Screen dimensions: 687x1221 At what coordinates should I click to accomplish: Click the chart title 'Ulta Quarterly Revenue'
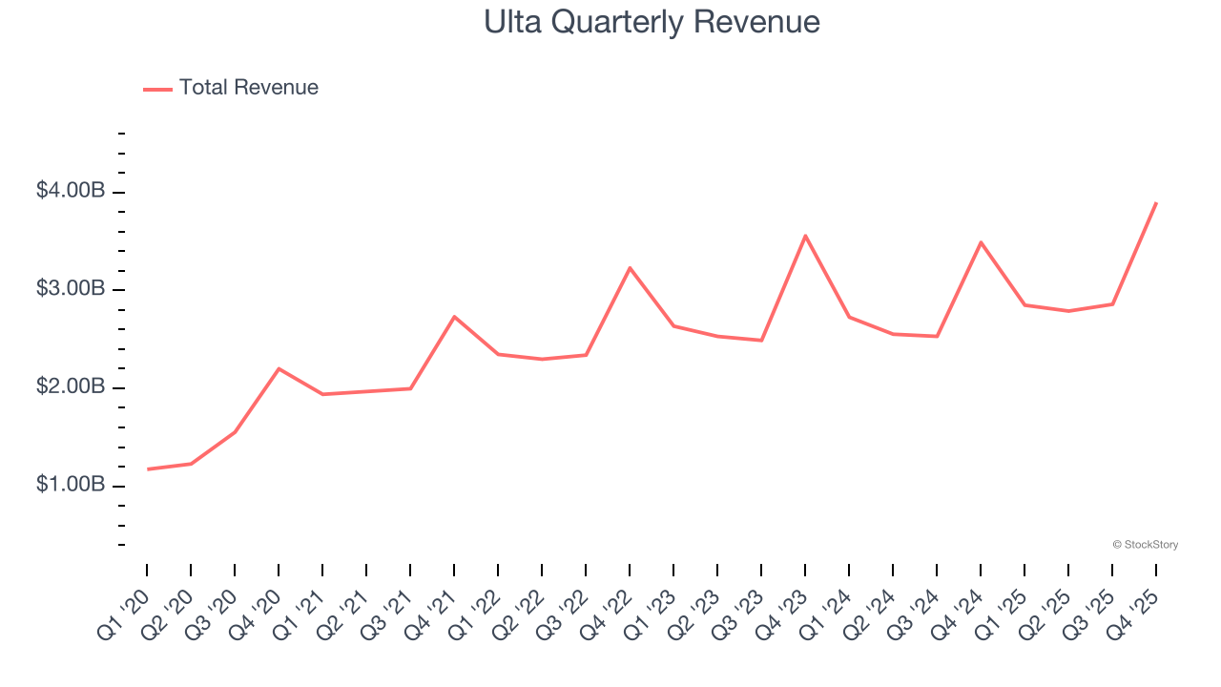[652, 22]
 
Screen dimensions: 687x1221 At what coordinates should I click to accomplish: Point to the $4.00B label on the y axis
[71, 191]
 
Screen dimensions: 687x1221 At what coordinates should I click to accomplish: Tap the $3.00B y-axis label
[71, 289]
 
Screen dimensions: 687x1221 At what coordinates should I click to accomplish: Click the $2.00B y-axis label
[71, 387]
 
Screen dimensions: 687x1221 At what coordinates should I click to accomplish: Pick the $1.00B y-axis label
[71, 485]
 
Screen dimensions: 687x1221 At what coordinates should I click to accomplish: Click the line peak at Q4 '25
[1156, 203]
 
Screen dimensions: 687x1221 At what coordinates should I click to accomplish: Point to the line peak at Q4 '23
[805, 236]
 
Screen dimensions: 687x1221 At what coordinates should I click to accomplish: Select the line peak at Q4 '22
[630, 268]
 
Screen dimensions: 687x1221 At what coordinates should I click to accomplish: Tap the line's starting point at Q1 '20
[148, 468]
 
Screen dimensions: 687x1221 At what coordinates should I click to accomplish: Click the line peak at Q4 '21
[454, 316]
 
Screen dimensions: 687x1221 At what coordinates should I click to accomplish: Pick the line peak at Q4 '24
[981, 242]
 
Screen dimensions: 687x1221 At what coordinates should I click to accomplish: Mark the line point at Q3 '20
[235, 431]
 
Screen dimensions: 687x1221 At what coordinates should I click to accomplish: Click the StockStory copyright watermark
[1145, 545]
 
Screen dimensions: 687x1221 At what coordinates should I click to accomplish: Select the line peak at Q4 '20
[279, 368]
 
